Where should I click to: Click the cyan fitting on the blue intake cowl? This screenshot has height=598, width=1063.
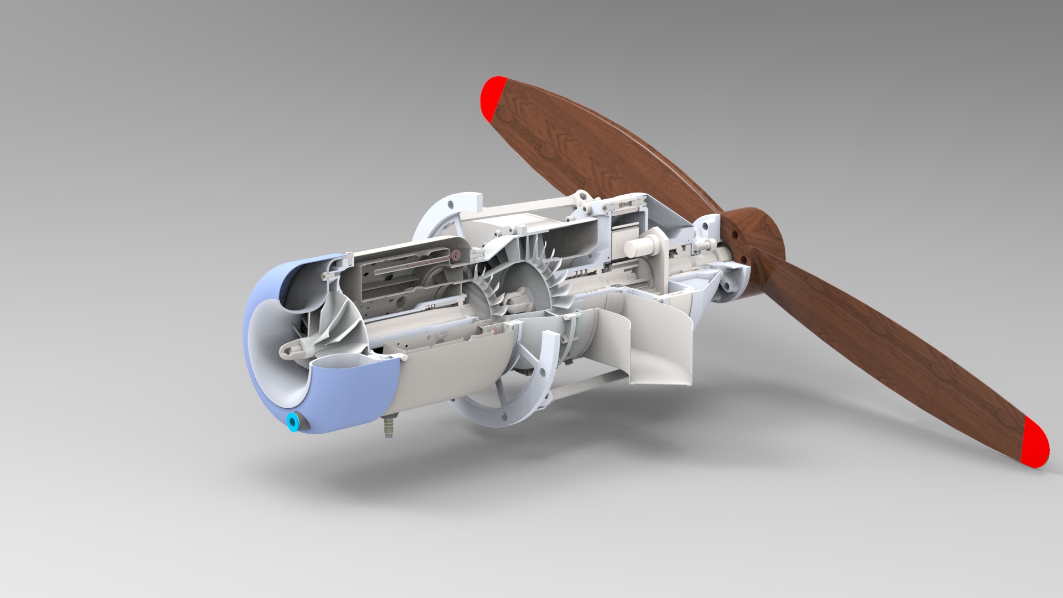coord(291,424)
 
